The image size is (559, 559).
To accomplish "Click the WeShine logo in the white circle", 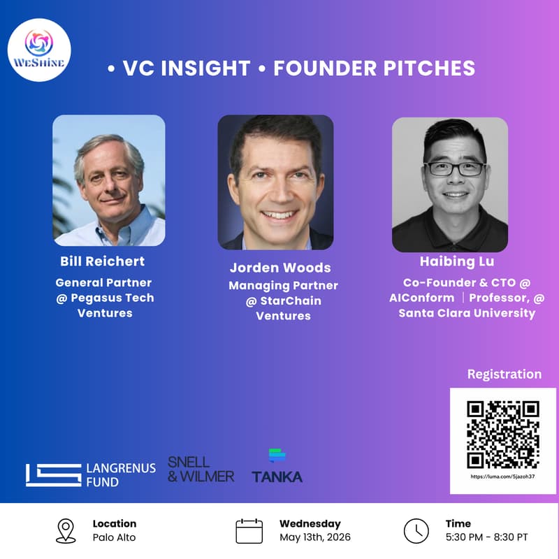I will (x=39, y=50).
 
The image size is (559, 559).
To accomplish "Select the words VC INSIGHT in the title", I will (x=187, y=68).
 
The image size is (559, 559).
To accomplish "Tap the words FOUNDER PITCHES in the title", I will (x=374, y=68).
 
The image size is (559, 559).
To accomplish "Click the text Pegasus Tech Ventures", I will (x=105, y=305).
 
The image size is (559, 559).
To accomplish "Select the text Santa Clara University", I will (x=467, y=313).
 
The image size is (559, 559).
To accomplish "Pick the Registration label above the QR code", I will (x=504, y=374).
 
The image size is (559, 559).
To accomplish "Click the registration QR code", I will (x=502, y=434).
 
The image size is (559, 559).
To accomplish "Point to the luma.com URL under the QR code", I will (x=502, y=477).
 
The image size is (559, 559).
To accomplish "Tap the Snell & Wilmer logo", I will (x=201, y=469).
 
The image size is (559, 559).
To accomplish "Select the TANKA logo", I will (x=277, y=467).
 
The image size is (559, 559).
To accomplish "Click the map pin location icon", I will (x=66, y=531).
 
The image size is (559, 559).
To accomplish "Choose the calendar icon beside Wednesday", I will (x=249, y=531).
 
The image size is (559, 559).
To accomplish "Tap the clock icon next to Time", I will (x=416, y=531).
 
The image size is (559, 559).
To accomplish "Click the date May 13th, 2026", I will (x=315, y=537).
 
